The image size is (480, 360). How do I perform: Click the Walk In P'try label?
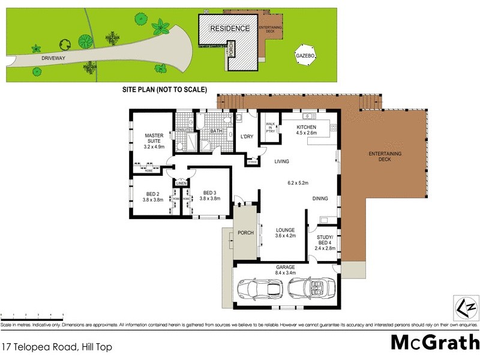click(x=271, y=128)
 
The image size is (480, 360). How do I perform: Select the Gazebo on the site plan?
click(x=305, y=55)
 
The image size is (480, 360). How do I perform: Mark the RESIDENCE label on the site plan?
click(x=229, y=28)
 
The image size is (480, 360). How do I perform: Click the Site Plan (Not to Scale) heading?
click(x=164, y=90)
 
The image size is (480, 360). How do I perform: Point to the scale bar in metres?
click(x=32, y=315)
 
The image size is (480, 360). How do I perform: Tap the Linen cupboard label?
click(x=181, y=183)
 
